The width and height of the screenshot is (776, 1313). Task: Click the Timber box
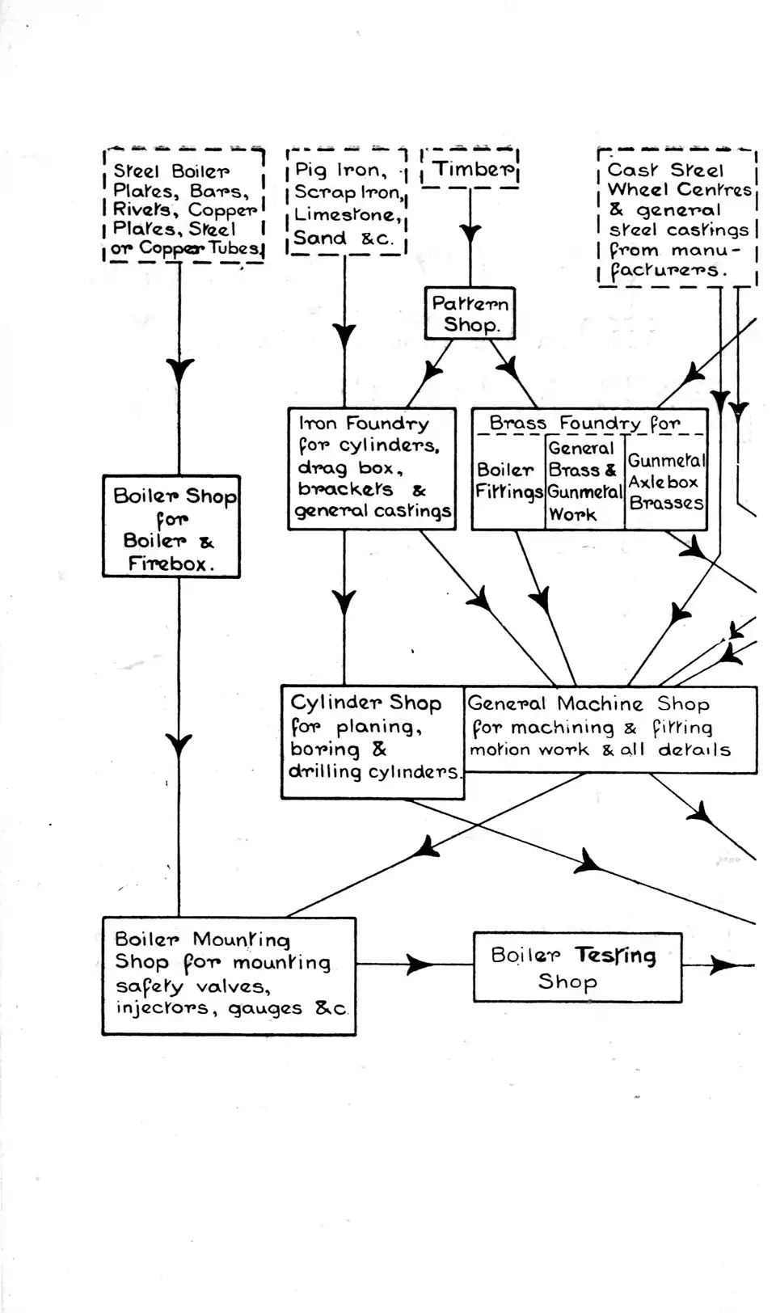pos(470,169)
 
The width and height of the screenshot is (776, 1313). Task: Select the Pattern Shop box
pos(470,314)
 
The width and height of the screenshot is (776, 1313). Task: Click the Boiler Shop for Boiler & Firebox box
pos(171,527)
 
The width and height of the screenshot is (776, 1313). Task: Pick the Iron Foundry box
pos(372,469)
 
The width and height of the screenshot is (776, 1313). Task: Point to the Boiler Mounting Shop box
pos(229,975)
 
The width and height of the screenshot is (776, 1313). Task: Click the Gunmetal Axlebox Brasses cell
pos(666,482)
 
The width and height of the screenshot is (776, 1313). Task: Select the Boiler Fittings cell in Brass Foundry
pos(508,482)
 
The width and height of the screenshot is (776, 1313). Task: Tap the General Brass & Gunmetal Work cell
pos(584,482)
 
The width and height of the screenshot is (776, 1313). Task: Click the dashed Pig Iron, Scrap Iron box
pos(347,203)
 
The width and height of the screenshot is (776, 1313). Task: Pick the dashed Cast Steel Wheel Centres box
pos(677,218)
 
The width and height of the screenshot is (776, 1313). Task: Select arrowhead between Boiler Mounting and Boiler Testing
pos(420,964)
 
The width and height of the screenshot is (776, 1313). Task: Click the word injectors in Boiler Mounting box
pos(161,1008)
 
